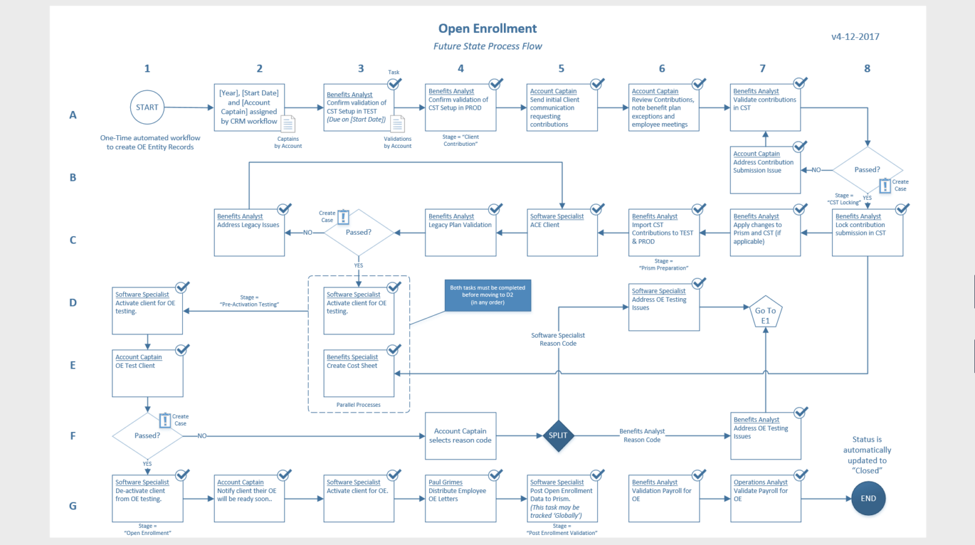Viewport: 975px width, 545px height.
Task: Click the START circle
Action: click(x=147, y=107)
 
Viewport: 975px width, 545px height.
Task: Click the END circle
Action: click(x=868, y=498)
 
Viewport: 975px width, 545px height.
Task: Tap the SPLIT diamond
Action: click(x=558, y=435)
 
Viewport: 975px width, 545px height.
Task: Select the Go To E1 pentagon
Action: click(x=766, y=313)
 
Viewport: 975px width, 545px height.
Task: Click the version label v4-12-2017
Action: click(x=855, y=37)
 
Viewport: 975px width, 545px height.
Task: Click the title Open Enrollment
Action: click(x=487, y=29)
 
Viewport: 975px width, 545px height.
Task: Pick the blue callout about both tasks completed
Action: click(x=487, y=295)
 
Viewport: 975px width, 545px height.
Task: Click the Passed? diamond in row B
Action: click(x=867, y=170)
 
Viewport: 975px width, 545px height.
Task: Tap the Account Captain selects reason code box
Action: click(x=460, y=436)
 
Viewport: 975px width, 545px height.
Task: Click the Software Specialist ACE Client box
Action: click(x=562, y=233)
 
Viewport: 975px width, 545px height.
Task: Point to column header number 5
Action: click(x=561, y=69)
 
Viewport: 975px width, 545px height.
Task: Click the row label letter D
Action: click(x=73, y=303)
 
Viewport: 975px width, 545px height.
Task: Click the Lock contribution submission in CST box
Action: click(x=867, y=233)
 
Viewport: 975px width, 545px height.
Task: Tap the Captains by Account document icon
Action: click(x=288, y=124)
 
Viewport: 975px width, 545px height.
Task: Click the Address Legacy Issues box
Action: click(x=249, y=233)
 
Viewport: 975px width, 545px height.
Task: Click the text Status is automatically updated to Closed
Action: click(x=867, y=455)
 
